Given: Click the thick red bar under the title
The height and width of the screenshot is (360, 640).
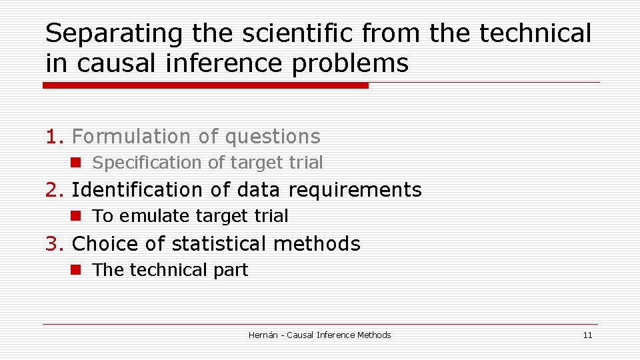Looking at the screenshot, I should point(205,85).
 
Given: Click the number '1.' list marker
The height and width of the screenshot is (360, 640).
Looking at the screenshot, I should point(55,137).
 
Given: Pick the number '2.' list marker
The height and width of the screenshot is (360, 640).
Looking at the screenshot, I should point(55,190).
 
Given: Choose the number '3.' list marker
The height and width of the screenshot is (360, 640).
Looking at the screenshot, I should point(55,244).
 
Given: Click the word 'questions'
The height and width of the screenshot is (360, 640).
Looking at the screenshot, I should point(273,137).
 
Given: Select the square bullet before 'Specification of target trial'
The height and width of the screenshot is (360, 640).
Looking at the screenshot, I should point(77,163).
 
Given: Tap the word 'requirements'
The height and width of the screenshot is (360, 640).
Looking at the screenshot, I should point(355,191).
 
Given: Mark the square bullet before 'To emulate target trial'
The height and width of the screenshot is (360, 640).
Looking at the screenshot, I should point(77,216).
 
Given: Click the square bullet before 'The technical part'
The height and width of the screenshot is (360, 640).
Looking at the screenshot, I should point(77,270).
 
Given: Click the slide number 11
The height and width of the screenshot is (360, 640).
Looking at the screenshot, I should point(587,335).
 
